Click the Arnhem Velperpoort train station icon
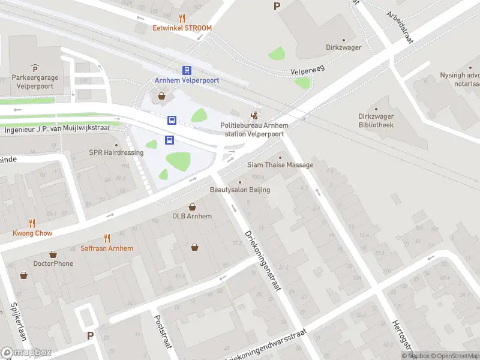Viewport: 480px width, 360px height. point(187,70)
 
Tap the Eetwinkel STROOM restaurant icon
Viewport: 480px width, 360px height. point(182,18)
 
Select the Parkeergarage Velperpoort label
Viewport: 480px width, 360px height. point(34,82)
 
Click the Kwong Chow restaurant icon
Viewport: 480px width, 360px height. point(32,223)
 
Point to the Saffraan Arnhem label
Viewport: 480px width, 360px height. point(107,248)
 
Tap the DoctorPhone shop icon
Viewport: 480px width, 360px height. point(53,254)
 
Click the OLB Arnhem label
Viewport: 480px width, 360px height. point(192,216)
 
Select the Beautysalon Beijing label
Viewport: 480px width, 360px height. point(239,190)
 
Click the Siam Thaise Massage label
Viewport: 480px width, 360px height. point(280,164)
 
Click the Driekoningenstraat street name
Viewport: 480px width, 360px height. point(262,260)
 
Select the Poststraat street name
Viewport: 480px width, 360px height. point(163,334)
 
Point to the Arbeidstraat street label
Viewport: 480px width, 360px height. point(401,25)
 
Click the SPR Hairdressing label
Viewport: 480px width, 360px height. point(116,152)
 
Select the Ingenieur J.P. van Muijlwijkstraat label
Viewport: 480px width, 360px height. point(60,127)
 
